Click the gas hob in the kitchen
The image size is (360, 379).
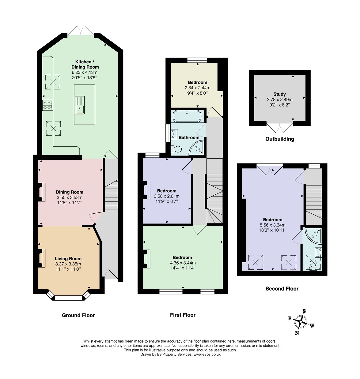pos(48,105)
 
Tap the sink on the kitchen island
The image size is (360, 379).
pos(80,105)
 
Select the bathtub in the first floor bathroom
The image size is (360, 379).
pos(187,116)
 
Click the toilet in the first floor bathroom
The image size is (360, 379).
pos(176,149)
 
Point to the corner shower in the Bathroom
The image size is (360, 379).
pos(196,148)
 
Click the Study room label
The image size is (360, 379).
pos(279,94)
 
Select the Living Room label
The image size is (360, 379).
pos(68,258)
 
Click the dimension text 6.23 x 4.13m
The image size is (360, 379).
pos(85,73)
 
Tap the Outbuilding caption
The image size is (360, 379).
pos(280,139)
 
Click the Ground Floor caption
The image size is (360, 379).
pos(78,315)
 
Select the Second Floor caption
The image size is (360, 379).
pos(282,289)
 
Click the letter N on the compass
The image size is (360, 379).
pos(297,333)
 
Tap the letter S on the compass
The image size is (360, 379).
pos(304,311)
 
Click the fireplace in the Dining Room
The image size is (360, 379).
pos(41,192)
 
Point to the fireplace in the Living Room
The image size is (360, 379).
pos(41,258)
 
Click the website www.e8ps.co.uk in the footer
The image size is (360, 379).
pos(207,354)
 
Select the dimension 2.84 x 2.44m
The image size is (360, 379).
pos(197,88)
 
